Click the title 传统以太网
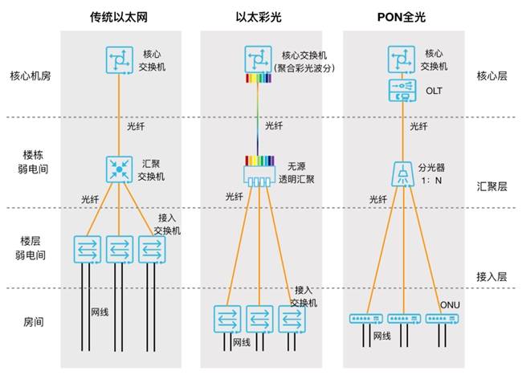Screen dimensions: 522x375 [119, 17]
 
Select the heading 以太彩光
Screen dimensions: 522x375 [259, 17]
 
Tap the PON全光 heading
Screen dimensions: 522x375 [402, 17]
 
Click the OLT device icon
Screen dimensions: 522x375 [402, 91]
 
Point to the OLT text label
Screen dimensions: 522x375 [434, 91]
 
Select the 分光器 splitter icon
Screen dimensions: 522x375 [403, 174]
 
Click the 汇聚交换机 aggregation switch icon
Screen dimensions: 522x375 [119, 169]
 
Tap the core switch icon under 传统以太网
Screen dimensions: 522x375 [120, 60]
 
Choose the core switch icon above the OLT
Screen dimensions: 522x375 [402, 59]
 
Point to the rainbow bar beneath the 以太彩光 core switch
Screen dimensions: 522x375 [259, 78]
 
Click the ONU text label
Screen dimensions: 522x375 [450, 305]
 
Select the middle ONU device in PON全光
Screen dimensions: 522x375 [404, 319]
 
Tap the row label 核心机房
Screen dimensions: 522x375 [31, 75]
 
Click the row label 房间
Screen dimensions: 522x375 [33, 322]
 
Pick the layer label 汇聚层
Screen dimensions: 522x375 [491, 186]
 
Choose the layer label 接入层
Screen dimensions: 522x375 [491, 276]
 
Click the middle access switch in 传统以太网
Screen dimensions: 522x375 [120, 250]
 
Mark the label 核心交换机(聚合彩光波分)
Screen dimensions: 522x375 [304, 62]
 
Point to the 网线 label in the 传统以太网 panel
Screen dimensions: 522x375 [100, 312]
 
